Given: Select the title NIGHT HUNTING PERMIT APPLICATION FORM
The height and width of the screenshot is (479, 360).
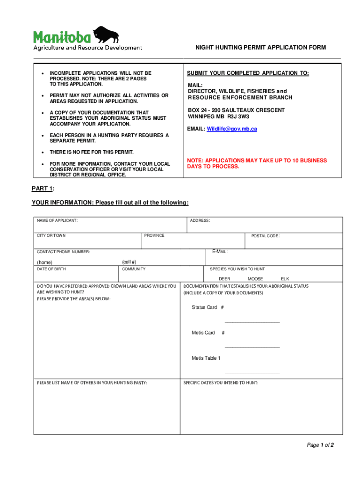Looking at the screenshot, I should point(260,47).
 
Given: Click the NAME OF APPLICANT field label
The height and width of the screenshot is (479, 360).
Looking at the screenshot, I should point(58,220).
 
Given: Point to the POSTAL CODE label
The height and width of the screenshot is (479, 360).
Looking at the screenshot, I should point(266,236).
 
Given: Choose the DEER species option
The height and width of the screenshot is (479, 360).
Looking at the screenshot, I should point(224,279).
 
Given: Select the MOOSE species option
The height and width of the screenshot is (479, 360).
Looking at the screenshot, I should point(255,279).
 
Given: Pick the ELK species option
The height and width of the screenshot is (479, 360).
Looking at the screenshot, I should point(285,279).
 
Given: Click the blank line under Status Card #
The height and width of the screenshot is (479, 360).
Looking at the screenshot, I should point(252,321).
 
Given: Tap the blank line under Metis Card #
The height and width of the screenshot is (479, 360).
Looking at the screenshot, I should point(252,347).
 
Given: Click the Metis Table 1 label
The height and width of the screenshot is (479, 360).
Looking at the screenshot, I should point(206,358).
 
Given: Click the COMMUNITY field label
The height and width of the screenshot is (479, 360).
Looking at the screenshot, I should point(134,269).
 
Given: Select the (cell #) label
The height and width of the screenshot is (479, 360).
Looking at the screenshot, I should point(129,262).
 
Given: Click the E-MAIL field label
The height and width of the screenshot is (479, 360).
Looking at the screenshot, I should point(220,252).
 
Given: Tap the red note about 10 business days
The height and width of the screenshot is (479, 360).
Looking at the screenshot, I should point(257,163).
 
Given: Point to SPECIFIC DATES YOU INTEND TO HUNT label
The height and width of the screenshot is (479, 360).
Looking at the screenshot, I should point(221,383).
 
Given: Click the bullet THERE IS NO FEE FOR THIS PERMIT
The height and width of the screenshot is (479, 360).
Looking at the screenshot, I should point(92,152).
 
